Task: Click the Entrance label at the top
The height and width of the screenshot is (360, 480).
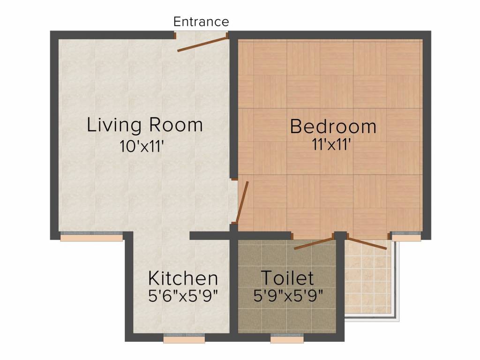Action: click(201, 22)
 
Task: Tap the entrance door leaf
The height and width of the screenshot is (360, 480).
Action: click(202, 43)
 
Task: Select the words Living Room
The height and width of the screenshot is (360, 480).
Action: click(145, 125)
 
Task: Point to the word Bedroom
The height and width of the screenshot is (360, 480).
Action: click(333, 127)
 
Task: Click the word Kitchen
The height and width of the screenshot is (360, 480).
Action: click(183, 278)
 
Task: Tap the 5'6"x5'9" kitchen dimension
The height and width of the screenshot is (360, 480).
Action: click(183, 296)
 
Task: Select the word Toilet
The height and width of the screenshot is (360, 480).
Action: click(287, 278)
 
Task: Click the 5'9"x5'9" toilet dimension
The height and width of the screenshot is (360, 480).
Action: click(287, 296)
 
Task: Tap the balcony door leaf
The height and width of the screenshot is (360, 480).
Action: click(367, 243)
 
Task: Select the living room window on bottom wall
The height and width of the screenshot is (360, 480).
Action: click(92, 237)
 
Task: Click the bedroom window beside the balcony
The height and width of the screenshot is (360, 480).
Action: click(406, 237)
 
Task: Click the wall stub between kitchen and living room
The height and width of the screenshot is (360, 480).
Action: click(209, 236)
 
